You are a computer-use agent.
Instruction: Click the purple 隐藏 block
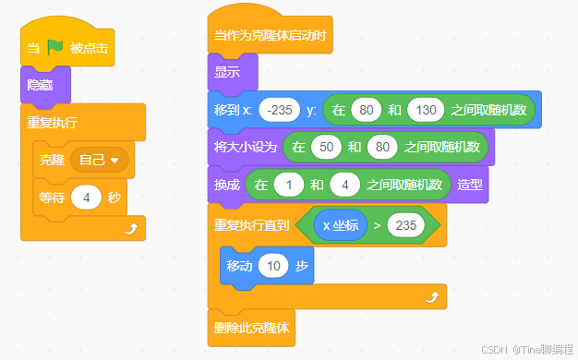[40, 86]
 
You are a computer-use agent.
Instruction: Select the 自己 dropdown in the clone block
[100, 161]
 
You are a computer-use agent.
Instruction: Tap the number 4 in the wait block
[86, 198]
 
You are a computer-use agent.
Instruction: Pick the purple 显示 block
[227, 73]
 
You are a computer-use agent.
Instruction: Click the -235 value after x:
[278, 111]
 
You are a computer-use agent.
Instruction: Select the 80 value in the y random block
[367, 111]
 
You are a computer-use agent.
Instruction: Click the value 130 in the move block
[425, 111]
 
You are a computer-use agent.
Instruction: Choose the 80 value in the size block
[379, 147]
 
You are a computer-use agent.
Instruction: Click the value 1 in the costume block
[289, 185]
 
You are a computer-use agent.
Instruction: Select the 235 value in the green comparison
[404, 223]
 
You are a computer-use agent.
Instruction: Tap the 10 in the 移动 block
[272, 267]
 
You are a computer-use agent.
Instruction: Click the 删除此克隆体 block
[255, 327]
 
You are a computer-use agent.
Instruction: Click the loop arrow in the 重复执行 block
[128, 226]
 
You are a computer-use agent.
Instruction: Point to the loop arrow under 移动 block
[430, 296]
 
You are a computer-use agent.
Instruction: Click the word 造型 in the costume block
[471, 185]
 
